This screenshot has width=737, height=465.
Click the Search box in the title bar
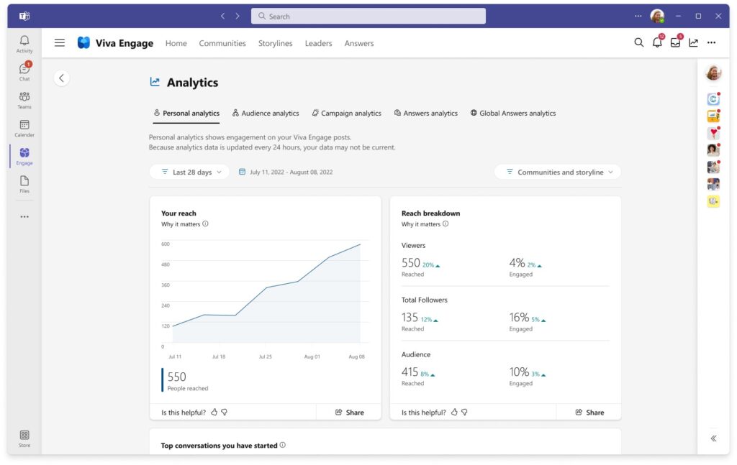click(x=368, y=16)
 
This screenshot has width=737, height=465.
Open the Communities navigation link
click(x=222, y=43)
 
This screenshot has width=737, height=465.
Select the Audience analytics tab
click(x=266, y=113)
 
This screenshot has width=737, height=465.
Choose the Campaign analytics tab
click(x=346, y=113)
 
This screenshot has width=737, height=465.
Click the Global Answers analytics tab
click(x=513, y=113)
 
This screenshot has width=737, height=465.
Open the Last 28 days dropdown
click(x=189, y=172)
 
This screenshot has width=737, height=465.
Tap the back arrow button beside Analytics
click(x=62, y=78)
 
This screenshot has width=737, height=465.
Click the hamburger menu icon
click(x=60, y=43)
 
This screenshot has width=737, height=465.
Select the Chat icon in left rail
click(x=24, y=70)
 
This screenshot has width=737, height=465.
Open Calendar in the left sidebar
click(x=24, y=127)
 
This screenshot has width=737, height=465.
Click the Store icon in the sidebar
click(x=24, y=437)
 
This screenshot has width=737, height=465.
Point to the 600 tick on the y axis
click(x=166, y=244)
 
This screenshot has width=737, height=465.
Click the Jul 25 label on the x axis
click(x=266, y=356)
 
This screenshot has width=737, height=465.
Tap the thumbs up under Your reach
click(x=213, y=413)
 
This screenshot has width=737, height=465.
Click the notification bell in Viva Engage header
click(x=657, y=43)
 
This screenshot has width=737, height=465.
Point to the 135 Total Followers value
click(x=410, y=318)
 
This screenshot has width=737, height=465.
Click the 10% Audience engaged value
click(x=519, y=372)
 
